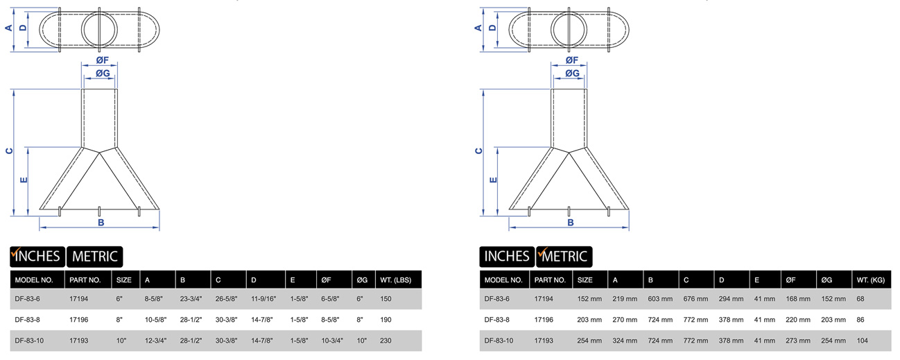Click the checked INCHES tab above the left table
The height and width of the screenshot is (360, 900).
pos(37,257)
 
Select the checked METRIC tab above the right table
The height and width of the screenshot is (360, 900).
pos(564,257)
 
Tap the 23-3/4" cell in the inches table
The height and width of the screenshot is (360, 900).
pos(191,299)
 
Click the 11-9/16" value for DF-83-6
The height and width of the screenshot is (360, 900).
pos(263,299)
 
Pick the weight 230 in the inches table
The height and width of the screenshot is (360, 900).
pos(386,341)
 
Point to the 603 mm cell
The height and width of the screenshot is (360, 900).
pos(660,299)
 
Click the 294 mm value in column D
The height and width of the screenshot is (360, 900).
pos(731,299)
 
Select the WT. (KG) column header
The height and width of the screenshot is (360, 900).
pos(871,280)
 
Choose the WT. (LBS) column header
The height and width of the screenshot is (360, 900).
pos(396,280)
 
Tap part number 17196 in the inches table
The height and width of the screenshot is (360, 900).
pos(79,320)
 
